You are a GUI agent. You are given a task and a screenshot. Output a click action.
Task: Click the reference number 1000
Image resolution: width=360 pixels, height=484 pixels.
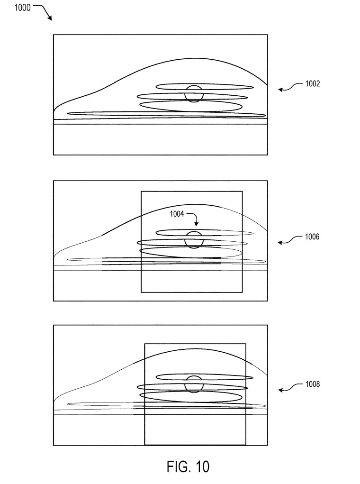[22, 8]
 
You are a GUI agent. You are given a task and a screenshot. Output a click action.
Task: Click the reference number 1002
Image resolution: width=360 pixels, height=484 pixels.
[313, 83]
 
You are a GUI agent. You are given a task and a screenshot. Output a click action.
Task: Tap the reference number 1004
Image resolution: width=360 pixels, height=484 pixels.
[177, 214]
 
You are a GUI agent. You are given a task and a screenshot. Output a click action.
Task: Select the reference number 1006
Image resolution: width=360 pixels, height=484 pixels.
[312, 237]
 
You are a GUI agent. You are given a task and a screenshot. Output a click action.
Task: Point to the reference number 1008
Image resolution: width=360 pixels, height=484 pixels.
[313, 384]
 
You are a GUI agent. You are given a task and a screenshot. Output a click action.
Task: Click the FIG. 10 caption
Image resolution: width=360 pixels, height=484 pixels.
[188, 466]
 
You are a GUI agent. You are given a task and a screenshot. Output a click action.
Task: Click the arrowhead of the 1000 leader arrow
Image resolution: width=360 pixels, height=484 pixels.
[50, 19]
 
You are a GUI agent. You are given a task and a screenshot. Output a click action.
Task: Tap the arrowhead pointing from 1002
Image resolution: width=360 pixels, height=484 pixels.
[280, 90]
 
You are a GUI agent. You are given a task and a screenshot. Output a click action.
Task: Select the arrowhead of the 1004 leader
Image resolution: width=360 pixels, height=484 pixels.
[197, 224]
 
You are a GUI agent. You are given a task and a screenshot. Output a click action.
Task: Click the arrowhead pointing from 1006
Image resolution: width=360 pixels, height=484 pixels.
[280, 243]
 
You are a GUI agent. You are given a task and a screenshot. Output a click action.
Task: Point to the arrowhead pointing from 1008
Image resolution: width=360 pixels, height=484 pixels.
[280, 391]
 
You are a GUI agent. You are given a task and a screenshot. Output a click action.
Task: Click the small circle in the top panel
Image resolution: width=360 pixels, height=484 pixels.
[194, 94]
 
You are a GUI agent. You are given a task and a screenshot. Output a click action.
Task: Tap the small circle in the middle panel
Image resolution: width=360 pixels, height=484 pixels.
[194, 239]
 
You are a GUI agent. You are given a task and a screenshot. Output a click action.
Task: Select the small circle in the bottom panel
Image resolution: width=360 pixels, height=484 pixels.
[194, 384]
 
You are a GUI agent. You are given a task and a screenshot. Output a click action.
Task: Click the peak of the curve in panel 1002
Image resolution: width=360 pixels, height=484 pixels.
[193, 58]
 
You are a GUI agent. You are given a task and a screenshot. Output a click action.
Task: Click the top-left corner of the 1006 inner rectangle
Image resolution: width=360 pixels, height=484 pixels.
[141, 192]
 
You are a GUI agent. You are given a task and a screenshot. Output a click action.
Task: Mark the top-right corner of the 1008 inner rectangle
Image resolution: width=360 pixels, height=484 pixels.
[246, 344]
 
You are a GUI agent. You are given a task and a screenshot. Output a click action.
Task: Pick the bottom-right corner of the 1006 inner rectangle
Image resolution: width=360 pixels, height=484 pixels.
[242, 292]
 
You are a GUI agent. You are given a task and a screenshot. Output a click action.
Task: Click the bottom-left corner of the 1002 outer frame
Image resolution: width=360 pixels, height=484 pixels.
[54, 155]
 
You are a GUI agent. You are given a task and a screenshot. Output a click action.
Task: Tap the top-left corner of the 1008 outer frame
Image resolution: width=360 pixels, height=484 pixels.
[54, 325]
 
